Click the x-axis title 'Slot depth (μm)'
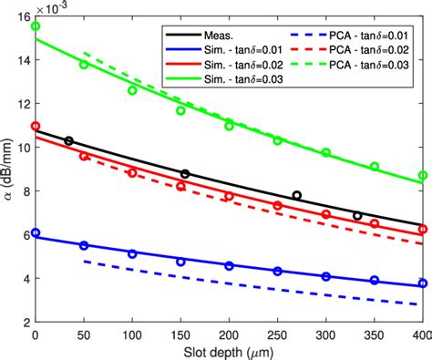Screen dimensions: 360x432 pyautogui.click(x=230, y=352)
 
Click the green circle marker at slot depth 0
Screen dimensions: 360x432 pyautogui.click(x=36, y=26)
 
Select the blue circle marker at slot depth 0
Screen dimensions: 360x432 pyautogui.click(x=36, y=233)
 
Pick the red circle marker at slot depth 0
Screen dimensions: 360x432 pyautogui.click(x=36, y=126)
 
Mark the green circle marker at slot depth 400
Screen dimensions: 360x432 pyautogui.click(x=423, y=175)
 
